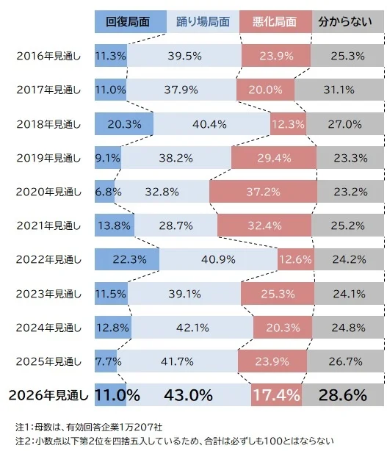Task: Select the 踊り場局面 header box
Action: click(x=203, y=21)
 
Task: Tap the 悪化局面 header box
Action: click(x=275, y=21)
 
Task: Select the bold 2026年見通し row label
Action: click(x=48, y=395)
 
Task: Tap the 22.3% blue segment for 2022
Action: click(x=127, y=259)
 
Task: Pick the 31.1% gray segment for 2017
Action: click(x=339, y=90)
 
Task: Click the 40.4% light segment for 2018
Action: click(x=211, y=123)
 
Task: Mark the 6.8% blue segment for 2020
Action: click(x=105, y=192)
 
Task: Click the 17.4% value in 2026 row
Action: click(x=276, y=395)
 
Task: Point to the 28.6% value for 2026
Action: click(x=342, y=395)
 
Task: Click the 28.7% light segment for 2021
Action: click(x=176, y=225)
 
